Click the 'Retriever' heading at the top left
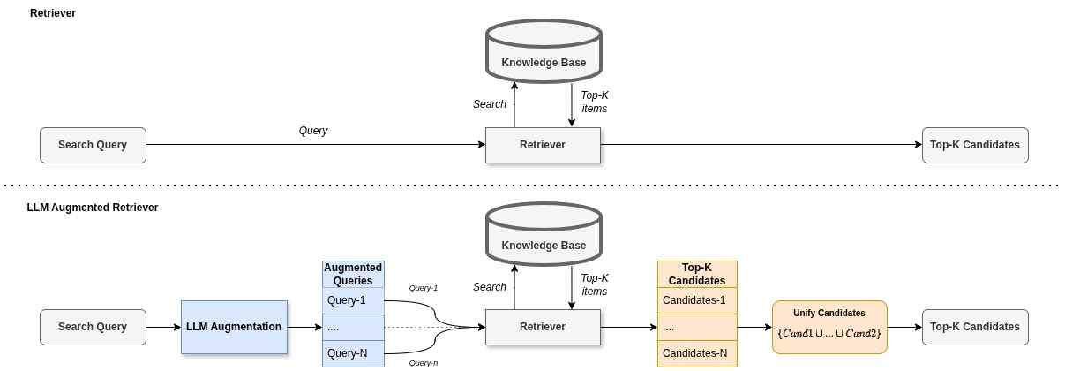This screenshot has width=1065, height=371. coord(53,13)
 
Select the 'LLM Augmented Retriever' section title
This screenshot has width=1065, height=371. coord(93,208)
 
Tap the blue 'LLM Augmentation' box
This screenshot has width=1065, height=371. coord(234,327)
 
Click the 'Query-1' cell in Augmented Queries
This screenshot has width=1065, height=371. coord(353,300)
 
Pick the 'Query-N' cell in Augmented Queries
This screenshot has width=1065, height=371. coord(353,353)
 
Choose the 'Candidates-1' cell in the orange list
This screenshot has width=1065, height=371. coord(697,300)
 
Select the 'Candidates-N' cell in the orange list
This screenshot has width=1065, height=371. coord(697,353)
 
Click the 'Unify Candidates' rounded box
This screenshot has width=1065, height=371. coord(829,327)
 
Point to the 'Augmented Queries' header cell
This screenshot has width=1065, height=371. coord(353,275)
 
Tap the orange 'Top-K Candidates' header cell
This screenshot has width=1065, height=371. coord(697,275)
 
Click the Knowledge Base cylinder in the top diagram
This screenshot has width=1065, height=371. coord(544,51)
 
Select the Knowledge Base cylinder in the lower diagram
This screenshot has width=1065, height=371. coord(544,234)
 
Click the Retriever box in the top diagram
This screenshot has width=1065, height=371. coord(543,145)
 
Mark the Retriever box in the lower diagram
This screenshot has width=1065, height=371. coord(543,327)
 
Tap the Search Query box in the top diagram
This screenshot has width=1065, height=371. coord(93,145)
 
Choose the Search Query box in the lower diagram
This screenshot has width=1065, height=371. coord(93,327)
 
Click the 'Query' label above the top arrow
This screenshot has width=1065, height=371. coord(313,131)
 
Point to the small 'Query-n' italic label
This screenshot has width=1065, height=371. coord(424,363)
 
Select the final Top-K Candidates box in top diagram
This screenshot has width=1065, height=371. coord(975,145)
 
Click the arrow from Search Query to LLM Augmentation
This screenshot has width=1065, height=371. coord(163,327)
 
